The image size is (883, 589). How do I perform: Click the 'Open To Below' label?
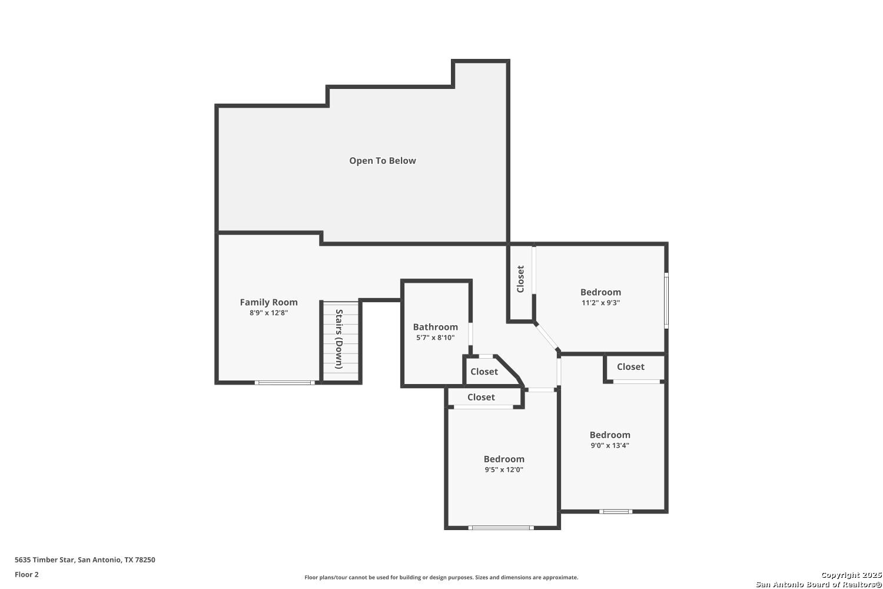(x=383, y=161)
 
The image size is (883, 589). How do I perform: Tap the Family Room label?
(x=269, y=302)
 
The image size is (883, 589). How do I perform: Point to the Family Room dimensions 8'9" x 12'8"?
(x=269, y=313)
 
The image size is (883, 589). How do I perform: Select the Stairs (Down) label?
(x=338, y=339)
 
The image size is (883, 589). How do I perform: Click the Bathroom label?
(x=436, y=327)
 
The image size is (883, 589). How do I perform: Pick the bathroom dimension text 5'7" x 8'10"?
(x=436, y=337)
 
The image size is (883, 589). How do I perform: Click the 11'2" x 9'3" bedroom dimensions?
(x=601, y=303)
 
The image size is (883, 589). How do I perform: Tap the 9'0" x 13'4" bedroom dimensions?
(x=610, y=445)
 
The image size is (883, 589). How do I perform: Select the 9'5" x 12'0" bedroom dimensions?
(x=504, y=469)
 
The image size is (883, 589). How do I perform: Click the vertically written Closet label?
(x=520, y=279)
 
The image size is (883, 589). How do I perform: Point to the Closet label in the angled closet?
(x=484, y=372)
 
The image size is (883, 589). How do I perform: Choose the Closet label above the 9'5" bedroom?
(x=482, y=397)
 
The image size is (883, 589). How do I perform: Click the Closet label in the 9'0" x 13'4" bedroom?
(x=630, y=367)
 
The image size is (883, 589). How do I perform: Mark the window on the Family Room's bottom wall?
(x=284, y=383)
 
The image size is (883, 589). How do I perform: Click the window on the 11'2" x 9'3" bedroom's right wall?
(x=666, y=300)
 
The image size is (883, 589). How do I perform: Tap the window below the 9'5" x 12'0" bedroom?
(x=501, y=528)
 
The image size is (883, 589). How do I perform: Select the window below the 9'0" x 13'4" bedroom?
(x=616, y=512)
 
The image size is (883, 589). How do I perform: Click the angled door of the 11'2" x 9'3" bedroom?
(x=547, y=337)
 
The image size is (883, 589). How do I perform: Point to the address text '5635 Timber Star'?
(x=44, y=560)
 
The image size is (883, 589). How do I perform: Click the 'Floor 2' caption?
(x=27, y=574)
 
